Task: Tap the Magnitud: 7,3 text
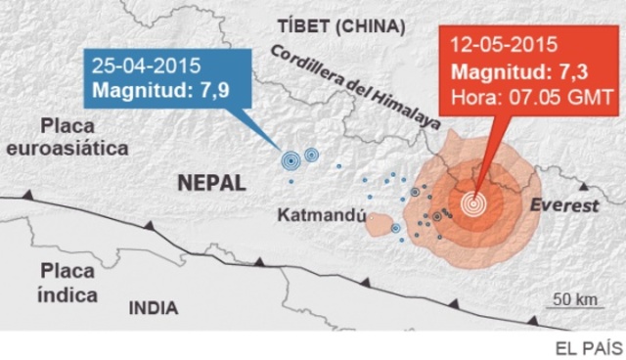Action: pyautogui.click(x=515, y=72)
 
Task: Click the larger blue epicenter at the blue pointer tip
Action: pyautogui.click(x=291, y=159)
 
